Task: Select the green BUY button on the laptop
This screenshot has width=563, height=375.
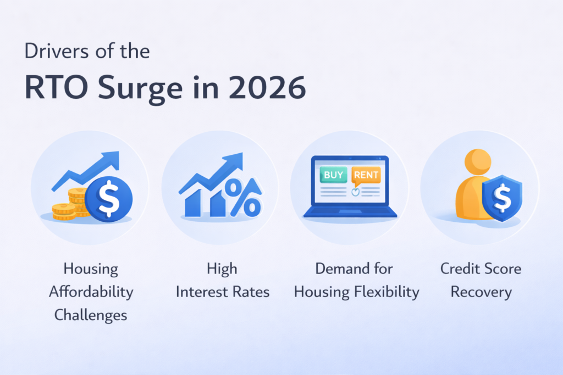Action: coord(334,176)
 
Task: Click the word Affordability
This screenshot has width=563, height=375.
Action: coord(91,292)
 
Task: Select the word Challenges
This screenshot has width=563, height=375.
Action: coord(91,315)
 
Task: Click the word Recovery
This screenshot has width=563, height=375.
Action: coord(481,292)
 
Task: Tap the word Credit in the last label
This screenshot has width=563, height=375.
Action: coord(459,269)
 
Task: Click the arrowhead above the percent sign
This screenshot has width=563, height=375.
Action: coord(235,161)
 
